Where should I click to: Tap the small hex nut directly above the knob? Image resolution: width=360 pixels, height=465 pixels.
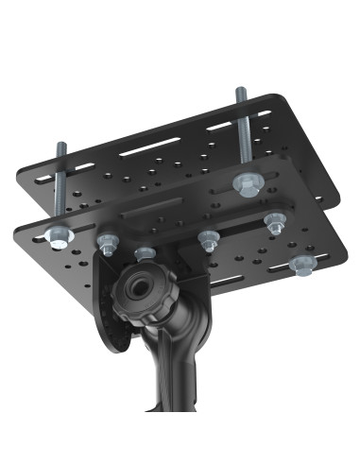145,252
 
